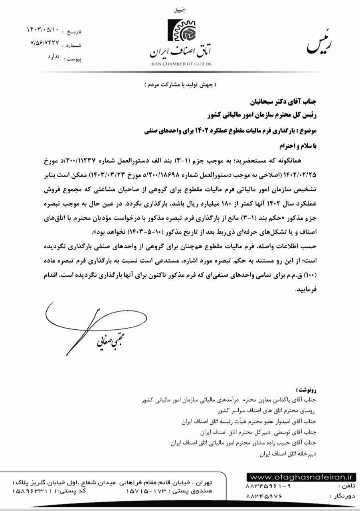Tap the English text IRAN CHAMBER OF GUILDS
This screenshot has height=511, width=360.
[181, 64]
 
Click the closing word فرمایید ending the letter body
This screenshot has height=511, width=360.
[305, 290]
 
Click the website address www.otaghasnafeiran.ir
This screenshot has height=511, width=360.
[301, 476]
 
